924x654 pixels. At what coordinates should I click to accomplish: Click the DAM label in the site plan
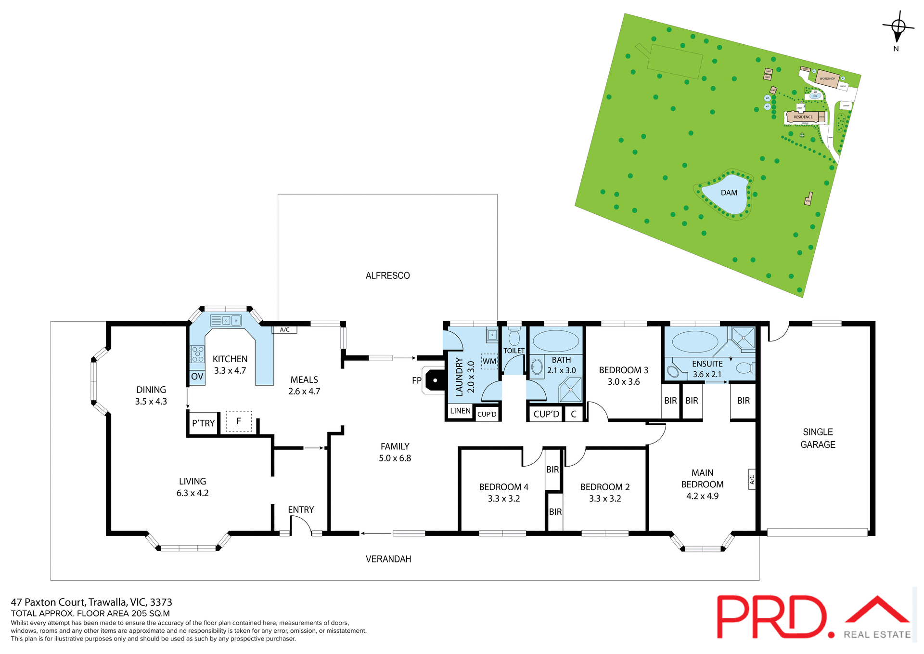(729, 193)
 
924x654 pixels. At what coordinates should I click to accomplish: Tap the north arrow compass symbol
(898, 27)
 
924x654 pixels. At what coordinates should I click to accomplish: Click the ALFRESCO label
(387, 275)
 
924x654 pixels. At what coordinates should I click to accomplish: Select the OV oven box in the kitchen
(197, 377)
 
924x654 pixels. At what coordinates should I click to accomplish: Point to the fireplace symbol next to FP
(435, 380)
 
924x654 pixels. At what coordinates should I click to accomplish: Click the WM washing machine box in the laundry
(489, 361)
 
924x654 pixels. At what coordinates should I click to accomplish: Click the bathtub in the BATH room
(556, 341)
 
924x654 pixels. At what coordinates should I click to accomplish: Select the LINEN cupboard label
(460, 411)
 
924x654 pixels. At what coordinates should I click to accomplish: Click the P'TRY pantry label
(203, 423)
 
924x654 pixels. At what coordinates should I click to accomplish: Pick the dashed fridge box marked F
(239, 421)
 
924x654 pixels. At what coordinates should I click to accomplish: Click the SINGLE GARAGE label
(818, 438)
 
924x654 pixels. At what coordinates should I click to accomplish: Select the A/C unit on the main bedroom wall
(752, 479)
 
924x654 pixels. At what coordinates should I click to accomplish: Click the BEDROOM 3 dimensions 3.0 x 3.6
(623, 382)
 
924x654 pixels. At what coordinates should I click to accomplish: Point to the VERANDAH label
(388, 559)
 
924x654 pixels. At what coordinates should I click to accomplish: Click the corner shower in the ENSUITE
(743, 337)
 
